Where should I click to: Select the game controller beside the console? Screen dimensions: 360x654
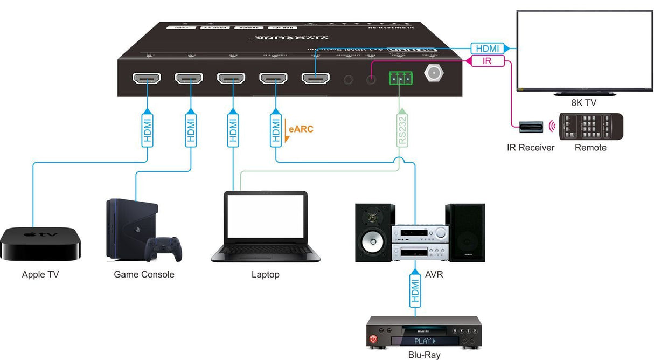tap(163, 249)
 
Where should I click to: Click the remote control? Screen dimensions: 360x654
tap(590, 127)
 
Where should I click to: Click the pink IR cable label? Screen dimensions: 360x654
tap(487, 61)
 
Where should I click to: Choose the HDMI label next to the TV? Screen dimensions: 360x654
tap(488, 48)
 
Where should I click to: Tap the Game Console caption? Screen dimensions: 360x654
tap(144, 274)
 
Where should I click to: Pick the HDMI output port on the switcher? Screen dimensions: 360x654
tap(315, 79)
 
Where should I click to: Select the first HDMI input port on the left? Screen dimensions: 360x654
tap(147, 79)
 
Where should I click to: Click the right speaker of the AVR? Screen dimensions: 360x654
tap(465, 233)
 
